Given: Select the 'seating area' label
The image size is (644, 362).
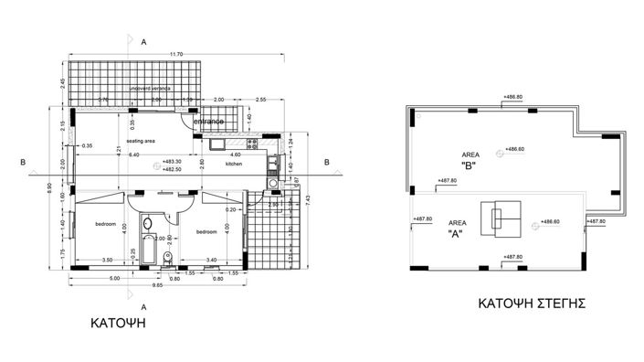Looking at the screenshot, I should [x=141, y=141].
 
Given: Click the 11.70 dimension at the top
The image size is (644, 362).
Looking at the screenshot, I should [x=176, y=54].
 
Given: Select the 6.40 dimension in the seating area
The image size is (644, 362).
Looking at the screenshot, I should [x=134, y=155].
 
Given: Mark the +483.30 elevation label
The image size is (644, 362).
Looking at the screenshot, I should [x=172, y=162].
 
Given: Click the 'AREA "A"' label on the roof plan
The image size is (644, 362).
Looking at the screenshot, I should [x=453, y=228].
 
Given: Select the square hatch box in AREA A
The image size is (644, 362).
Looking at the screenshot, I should [x=499, y=217].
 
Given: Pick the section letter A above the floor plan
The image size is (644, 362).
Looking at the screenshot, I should [x=144, y=41].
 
